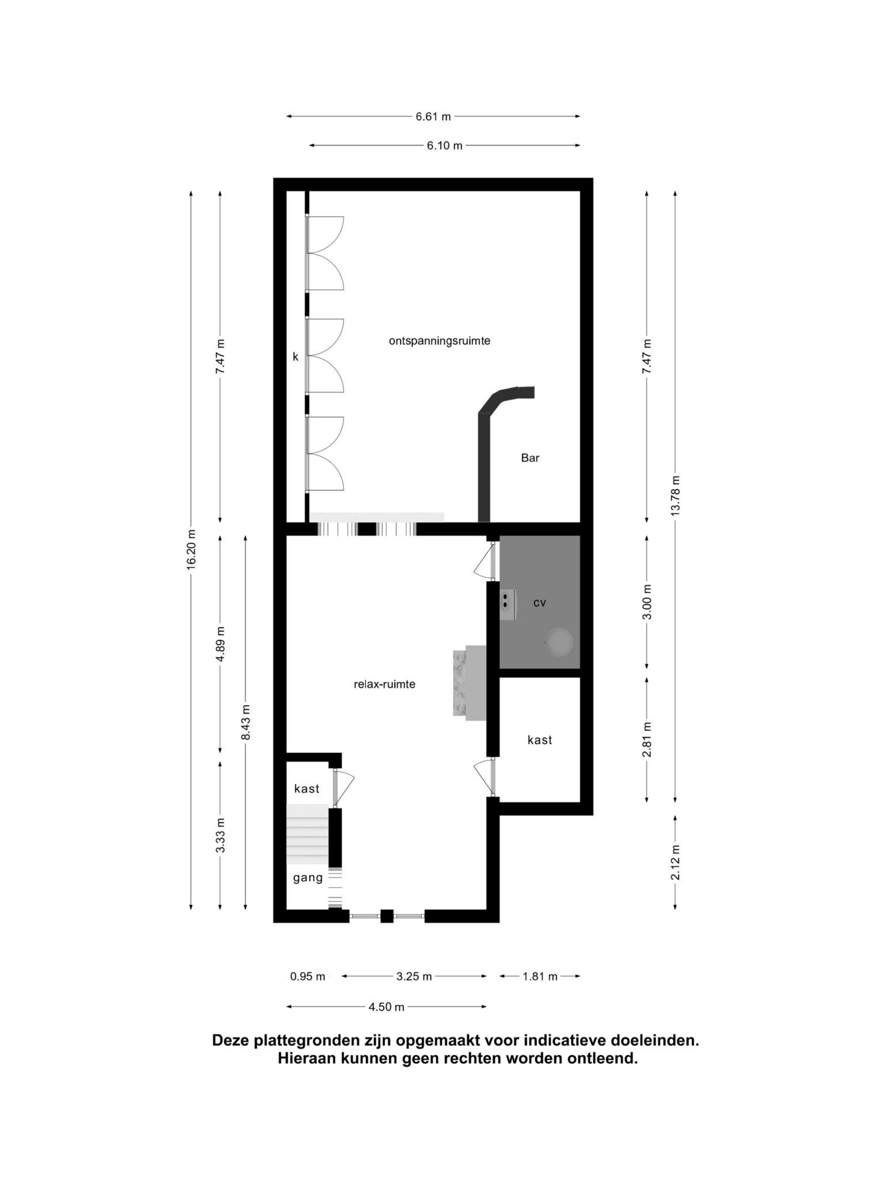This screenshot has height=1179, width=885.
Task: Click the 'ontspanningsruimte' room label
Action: (x=439, y=341)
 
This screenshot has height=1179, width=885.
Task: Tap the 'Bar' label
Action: (x=530, y=458)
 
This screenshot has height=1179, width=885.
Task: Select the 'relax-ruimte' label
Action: (x=384, y=684)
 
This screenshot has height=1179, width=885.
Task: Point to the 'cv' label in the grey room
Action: (x=540, y=603)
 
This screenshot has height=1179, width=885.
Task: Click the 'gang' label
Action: (x=308, y=878)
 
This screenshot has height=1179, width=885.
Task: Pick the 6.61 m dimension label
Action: (x=433, y=117)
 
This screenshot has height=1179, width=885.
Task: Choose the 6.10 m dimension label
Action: (x=444, y=146)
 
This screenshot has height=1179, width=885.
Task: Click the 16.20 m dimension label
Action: (x=191, y=550)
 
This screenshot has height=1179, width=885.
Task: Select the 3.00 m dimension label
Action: (x=647, y=602)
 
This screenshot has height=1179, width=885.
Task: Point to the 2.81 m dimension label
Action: (x=647, y=740)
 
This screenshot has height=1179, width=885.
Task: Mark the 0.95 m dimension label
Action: (x=308, y=976)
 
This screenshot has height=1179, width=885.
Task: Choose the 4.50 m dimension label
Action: (x=387, y=1007)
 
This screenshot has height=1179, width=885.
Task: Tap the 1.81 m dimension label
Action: (x=540, y=976)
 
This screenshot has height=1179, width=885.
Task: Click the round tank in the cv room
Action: (x=559, y=641)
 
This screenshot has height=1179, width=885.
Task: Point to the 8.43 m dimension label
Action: (x=246, y=723)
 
